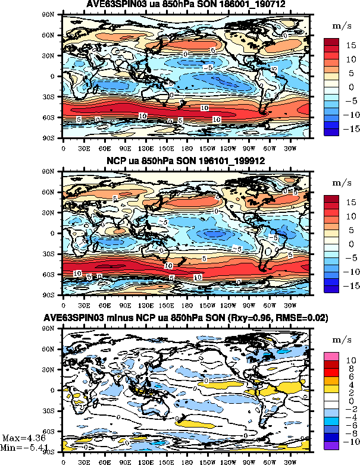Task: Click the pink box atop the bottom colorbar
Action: (331, 356)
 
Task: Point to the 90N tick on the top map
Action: (54, 14)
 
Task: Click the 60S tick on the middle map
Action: (54, 275)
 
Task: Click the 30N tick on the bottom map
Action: (54, 370)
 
